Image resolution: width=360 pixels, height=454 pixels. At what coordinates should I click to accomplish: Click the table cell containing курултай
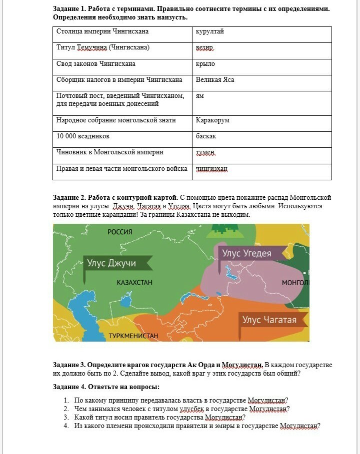[x=262, y=34]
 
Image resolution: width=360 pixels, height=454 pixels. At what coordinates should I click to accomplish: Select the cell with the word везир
[x=262, y=50]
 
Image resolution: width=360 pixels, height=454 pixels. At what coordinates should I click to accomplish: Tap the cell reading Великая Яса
[x=262, y=83]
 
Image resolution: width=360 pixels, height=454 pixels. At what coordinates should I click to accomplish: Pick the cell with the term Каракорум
[x=262, y=123]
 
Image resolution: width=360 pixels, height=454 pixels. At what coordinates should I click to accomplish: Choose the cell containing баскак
[x=262, y=139]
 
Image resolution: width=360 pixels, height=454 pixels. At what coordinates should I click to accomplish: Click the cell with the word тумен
[x=262, y=155]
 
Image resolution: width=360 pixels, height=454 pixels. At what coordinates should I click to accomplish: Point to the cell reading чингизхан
[x=262, y=172]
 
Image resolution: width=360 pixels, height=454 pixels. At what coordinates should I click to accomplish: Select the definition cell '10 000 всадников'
[x=122, y=139]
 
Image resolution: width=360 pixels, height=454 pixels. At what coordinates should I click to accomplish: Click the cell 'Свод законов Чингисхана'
[x=122, y=67]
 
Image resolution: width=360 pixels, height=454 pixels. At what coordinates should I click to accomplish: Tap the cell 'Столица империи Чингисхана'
[x=122, y=34]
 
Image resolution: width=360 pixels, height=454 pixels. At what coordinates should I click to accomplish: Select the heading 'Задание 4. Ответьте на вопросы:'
[x=106, y=387]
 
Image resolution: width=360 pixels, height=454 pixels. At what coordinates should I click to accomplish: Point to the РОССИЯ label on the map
[x=120, y=232]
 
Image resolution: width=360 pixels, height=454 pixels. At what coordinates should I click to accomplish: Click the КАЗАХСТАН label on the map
[x=134, y=283]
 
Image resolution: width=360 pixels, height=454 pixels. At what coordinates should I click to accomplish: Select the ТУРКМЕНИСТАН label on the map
[x=133, y=336]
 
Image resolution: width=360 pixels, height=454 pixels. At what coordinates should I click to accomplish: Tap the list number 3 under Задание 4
[x=66, y=417]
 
